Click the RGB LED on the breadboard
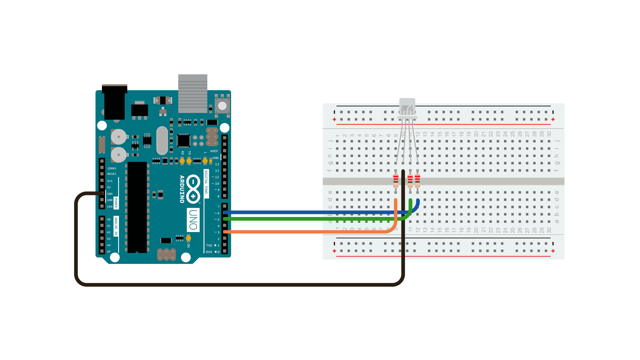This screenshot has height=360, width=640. pos(407,109)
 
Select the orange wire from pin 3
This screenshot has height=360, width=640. pos(300,232)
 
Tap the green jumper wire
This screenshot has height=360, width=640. pos(300,219)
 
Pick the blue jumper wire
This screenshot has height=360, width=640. pos(300,212)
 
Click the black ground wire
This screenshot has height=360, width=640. pos(233,285)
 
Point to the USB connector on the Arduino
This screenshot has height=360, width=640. pos(193,94)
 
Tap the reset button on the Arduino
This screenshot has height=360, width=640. pos(222,106)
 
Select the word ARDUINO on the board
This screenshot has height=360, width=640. pos(182,189)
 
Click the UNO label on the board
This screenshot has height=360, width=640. pos(193,220)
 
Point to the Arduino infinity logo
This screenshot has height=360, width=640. pos(193,189)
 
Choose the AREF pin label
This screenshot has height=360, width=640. pos(214,151)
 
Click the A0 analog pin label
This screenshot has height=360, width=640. pos(109,219)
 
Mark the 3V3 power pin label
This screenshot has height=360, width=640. pos(110,181)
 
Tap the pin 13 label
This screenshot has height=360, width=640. pos(217,164)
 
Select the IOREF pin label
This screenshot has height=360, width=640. pos(112,169)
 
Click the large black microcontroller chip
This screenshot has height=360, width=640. pos(137,207)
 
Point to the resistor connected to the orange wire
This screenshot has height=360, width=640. pos(396,181)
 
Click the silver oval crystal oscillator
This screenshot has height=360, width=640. pos(162,140)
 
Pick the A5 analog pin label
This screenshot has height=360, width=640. pos(109,252)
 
